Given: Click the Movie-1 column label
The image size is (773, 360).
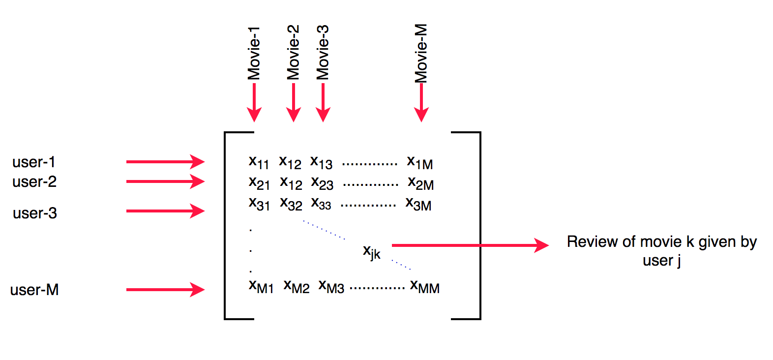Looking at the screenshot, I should tap(254, 53).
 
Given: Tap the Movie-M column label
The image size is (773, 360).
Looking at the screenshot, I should tap(421, 53).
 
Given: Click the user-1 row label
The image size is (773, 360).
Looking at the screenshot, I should tap(34, 162).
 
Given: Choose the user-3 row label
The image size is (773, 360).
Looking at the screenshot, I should tap(35, 213).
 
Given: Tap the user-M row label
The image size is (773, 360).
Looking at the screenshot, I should tap(34, 290).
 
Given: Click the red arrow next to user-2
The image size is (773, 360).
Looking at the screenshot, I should tap(165, 181).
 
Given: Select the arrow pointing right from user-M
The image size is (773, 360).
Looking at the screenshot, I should tap(165, 290).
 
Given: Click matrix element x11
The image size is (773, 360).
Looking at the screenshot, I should tap(259, 162).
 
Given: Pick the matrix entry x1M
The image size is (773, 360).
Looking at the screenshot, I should tap(420, 162).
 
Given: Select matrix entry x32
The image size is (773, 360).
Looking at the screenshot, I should tap(291, 204).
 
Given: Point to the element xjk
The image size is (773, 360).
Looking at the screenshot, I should tap(372, 252).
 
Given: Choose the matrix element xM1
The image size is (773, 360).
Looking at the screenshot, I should tap(261, 286).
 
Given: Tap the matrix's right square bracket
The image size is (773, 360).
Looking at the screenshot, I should tap(479, 225).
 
